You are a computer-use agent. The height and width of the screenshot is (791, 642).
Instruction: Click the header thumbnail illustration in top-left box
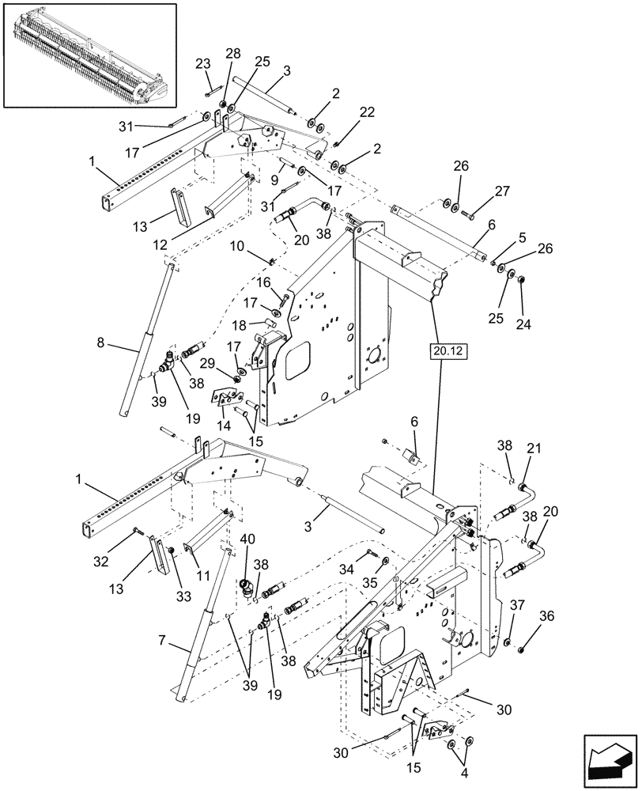click(x=89, y=55)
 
